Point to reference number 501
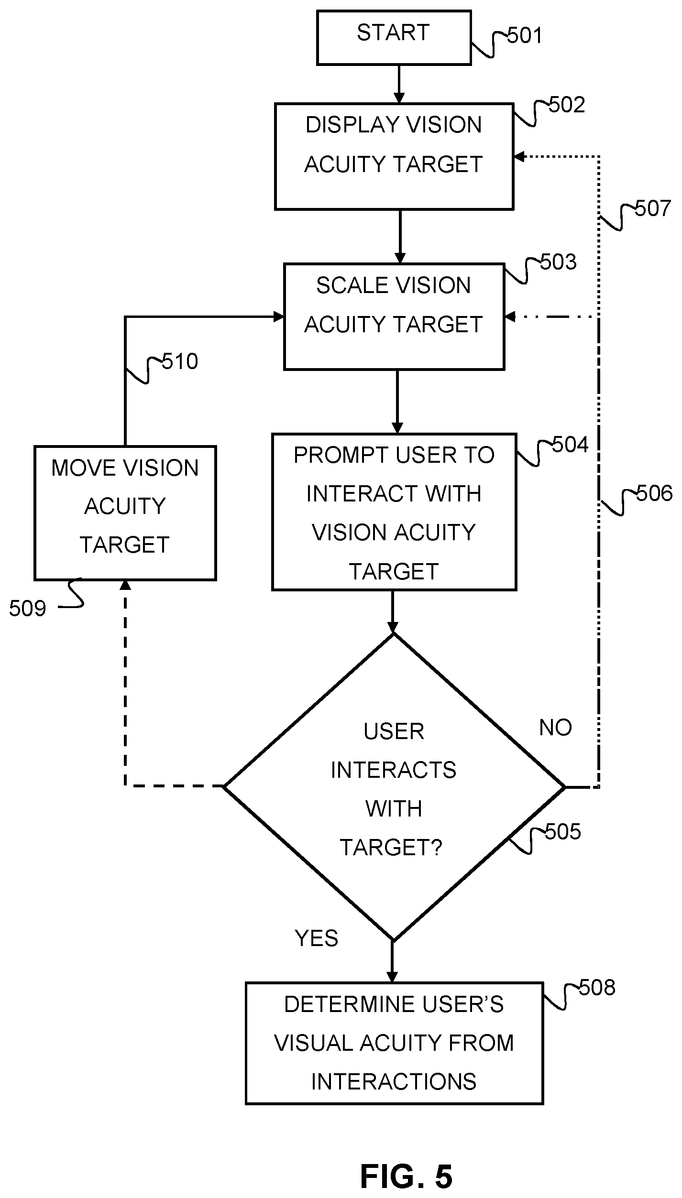525,36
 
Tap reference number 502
567,105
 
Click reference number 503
558,262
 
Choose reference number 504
570,445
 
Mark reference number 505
563,832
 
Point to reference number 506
654,494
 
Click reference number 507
653,209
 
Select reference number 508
597,988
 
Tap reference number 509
27,609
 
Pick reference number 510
180,362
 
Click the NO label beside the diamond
555,728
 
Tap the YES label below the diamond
316,938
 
